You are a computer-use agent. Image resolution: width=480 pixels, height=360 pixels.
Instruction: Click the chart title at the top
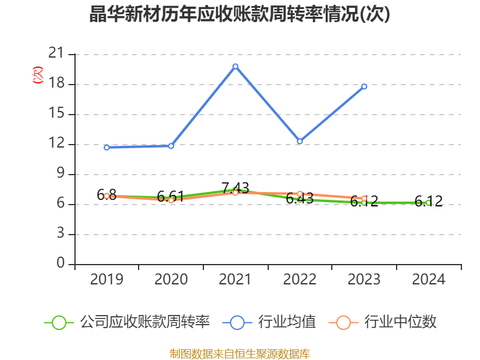coord(240,14)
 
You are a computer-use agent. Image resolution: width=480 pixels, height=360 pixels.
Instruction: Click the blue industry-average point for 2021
coord(235,66)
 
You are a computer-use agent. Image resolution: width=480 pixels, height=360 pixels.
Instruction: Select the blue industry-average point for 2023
coord(364,86)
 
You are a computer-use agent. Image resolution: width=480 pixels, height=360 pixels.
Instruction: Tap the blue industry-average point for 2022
coord(299,142)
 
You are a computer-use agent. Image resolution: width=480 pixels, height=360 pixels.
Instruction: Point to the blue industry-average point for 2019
coord(107,147)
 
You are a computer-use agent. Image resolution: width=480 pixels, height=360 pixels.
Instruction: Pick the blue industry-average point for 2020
coord(171,146)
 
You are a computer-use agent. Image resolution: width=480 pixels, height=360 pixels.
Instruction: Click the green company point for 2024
coord(428,203)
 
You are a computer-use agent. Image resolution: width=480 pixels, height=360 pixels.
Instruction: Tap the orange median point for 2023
coord(364,199)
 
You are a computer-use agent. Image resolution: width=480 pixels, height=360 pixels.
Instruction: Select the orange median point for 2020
coord(171,200)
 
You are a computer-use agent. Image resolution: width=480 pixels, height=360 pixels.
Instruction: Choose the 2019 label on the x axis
coord(107,279)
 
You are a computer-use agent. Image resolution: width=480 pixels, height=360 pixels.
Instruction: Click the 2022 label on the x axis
coord(299,279)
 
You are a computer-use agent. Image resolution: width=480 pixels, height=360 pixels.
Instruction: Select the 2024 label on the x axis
coord(428,279)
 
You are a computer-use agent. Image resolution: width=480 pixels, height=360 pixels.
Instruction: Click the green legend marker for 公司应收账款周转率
coord(59,322)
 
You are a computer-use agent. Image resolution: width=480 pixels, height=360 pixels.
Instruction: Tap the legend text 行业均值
coord(287,322)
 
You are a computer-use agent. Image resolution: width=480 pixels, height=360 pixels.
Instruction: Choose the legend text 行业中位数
coord(400,322)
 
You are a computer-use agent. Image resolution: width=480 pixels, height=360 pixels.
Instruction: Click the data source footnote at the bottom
coord(240,353)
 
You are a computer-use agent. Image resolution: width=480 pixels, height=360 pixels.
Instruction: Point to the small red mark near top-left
coord(38,75)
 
